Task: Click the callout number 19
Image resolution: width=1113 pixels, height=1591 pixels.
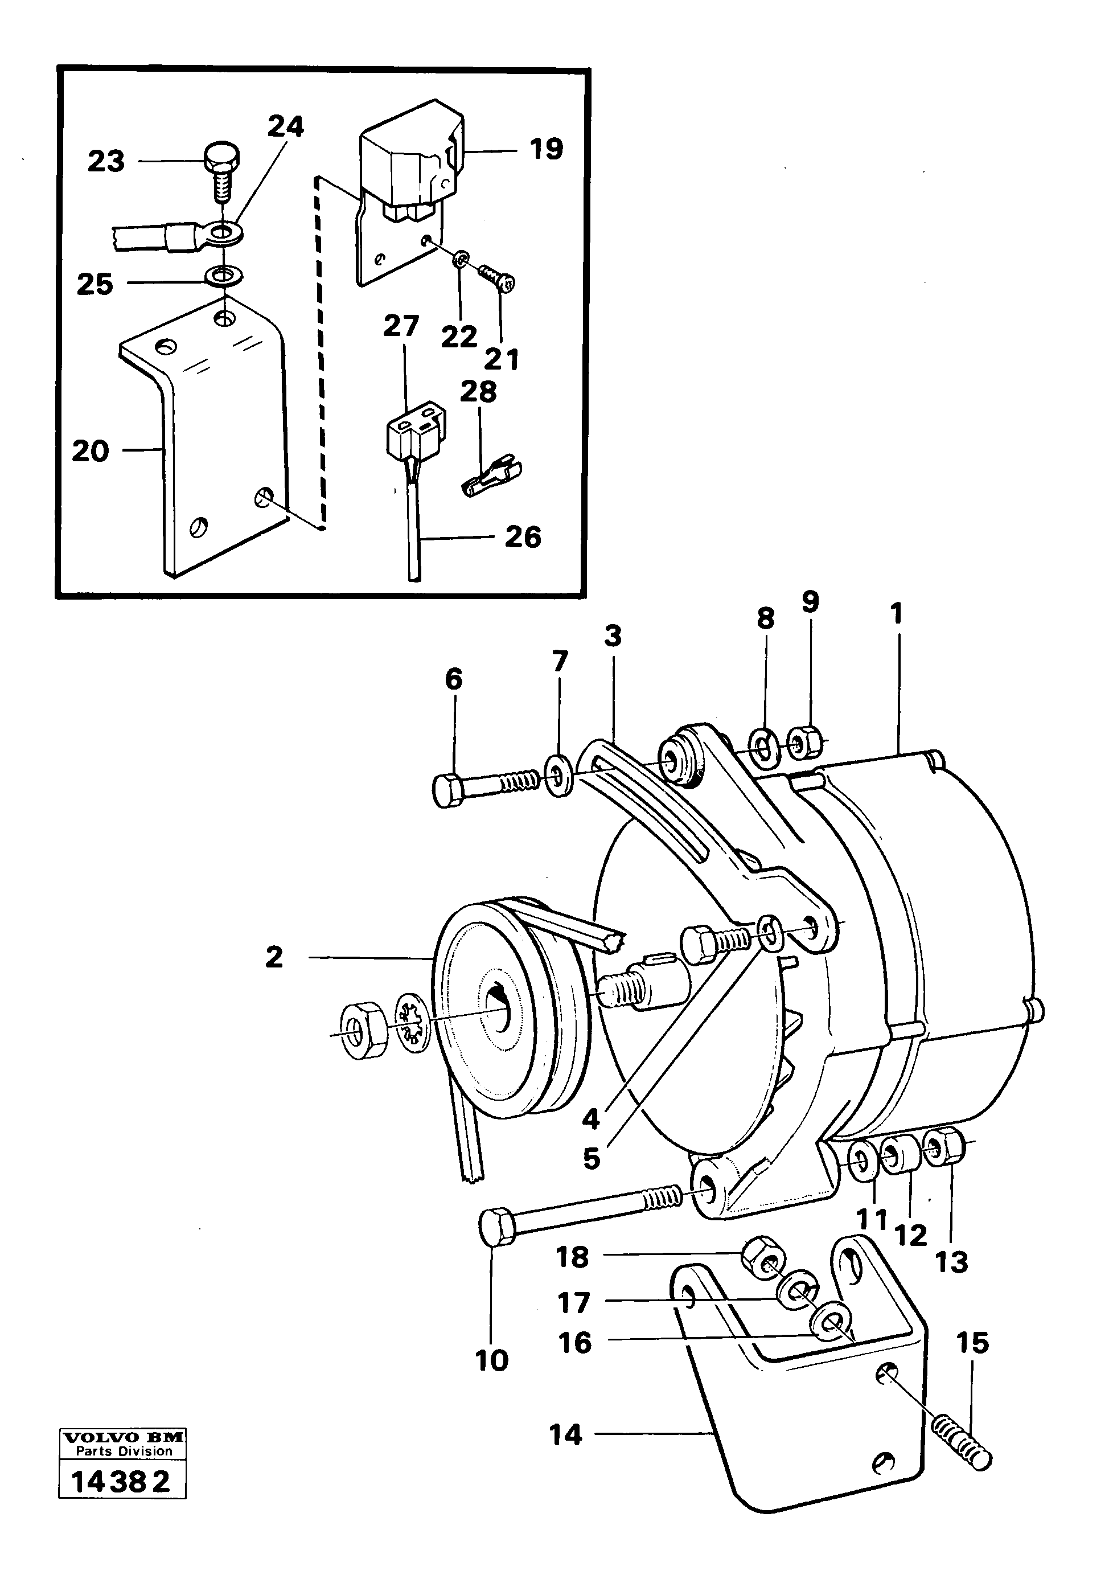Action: (547, 150)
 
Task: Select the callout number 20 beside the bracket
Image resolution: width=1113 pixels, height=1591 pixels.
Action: (91, 452)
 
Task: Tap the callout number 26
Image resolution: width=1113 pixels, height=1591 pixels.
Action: (523, 537)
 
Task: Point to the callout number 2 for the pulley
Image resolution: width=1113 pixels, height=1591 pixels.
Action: (274, 958)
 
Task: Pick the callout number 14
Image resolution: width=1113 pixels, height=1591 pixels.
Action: (565, 1435)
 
